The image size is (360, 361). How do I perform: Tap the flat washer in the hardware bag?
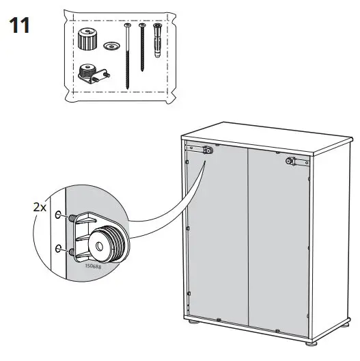[x=111, y=46]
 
